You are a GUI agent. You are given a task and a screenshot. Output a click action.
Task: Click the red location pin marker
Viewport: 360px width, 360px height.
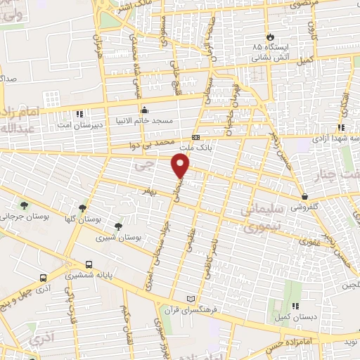coord(181,166)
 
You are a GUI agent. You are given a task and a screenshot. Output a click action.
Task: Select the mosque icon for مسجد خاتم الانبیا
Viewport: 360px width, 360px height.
coord(144,110)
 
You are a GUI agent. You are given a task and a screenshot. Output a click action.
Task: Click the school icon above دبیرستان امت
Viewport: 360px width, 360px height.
coord(79,113)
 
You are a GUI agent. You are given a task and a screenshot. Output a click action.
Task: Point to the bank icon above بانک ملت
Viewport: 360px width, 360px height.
coord(195,138)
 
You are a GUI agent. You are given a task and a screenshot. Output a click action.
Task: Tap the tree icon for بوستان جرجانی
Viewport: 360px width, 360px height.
coord(25,205)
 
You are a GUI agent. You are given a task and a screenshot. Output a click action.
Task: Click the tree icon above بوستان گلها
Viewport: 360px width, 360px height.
coord(82,208)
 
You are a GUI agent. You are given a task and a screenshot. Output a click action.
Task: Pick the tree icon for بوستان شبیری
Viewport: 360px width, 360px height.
coord(117,226)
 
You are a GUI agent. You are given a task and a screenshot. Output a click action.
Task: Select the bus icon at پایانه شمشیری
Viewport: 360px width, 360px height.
coord(89,265)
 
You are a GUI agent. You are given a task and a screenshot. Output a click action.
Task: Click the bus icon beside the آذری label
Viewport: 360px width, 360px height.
coord(44,278)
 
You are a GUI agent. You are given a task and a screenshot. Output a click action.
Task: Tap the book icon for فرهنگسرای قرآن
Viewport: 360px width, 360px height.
coord(187,300)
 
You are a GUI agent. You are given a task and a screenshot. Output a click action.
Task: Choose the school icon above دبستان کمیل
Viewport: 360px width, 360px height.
coord(295,306)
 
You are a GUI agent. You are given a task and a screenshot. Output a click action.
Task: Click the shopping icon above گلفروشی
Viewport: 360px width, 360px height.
coord(304,196)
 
